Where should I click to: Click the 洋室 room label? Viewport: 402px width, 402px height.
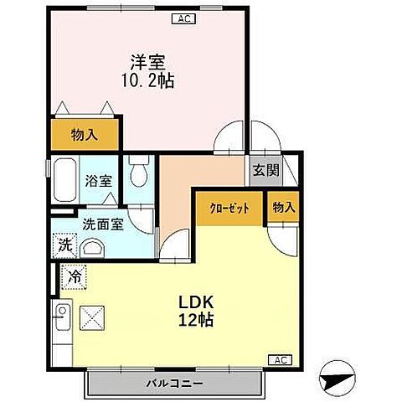[x=147, y=61]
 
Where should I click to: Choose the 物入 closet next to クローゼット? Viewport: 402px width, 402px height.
[x=284, y=208]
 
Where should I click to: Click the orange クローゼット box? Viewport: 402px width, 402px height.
[x=229, y=209]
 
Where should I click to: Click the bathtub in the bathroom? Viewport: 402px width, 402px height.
[x=62, y=180]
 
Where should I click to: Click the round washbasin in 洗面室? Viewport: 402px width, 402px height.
[x=95, y=249]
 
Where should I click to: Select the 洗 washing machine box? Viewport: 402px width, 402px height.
[x=64, y=246]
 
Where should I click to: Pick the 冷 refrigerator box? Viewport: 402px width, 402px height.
[x=73, y=276]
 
